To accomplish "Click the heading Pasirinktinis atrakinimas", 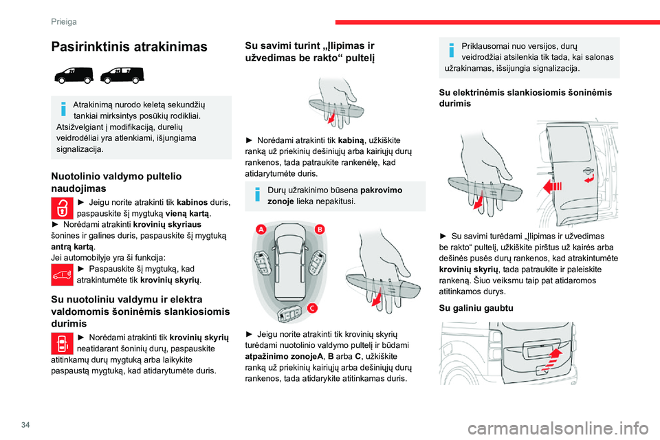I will pyautogui.click(x=129, y=47).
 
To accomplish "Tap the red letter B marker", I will pyautogui.click(x=320, y=228).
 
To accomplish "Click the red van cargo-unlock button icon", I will pyautogui.click(x=62, y=275).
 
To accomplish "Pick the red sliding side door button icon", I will pyautogui.click(x=62, y=342).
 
